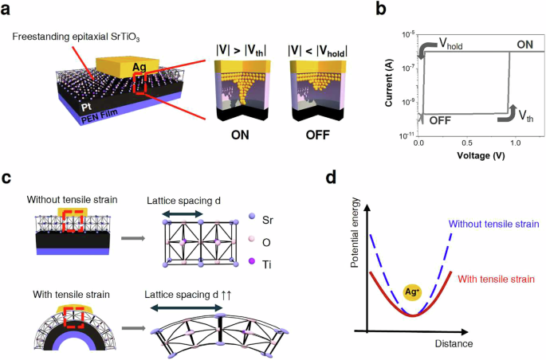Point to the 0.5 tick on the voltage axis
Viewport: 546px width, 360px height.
coord(465,142)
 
